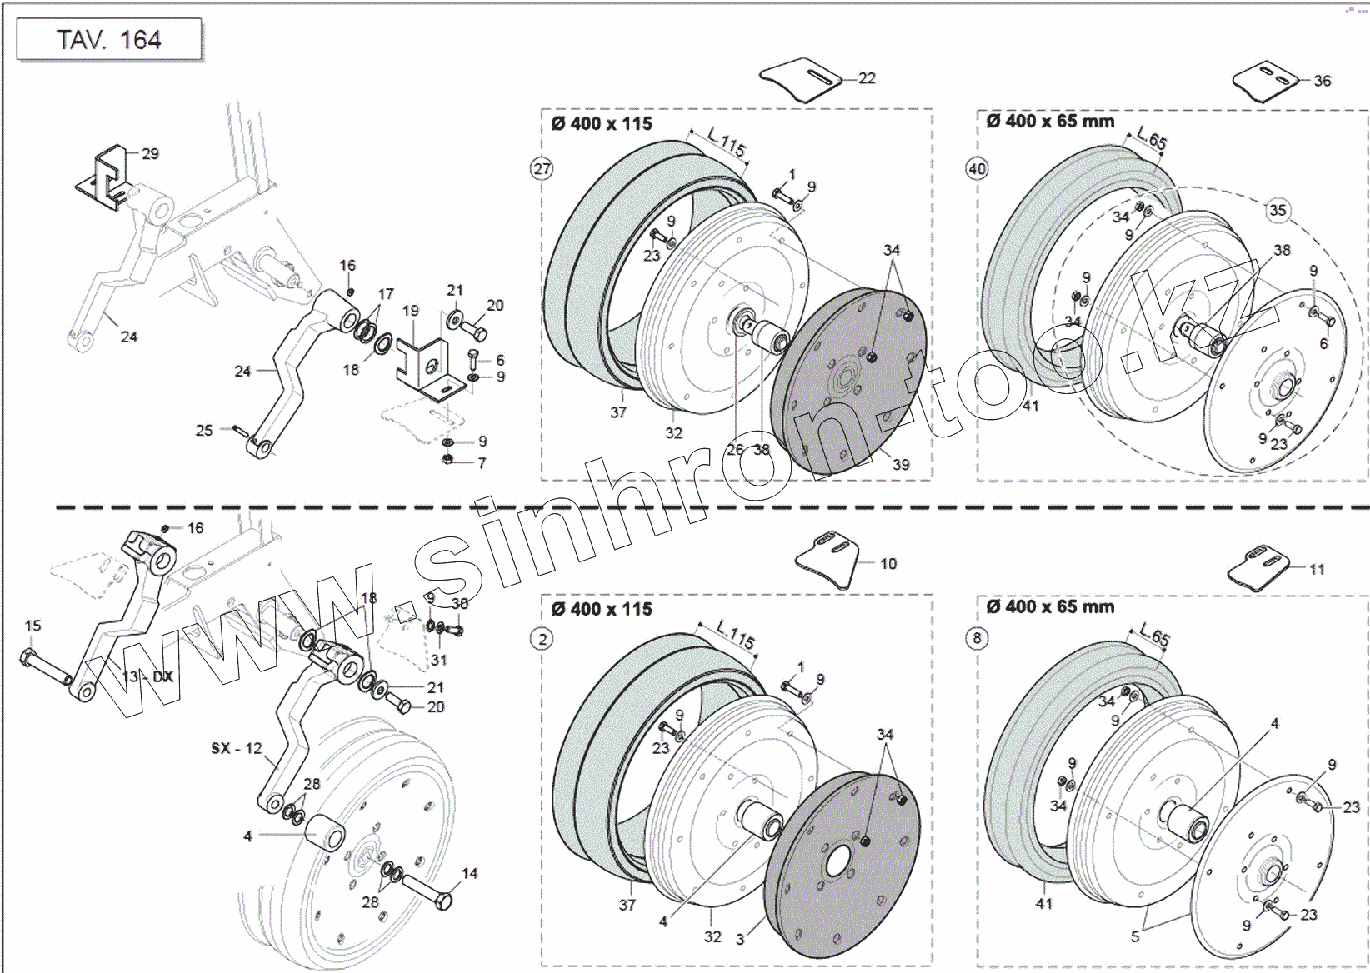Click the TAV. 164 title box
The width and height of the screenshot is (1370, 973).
[109, 40]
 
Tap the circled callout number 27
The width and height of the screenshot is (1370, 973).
[542, 169]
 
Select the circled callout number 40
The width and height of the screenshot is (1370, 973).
[977, 169]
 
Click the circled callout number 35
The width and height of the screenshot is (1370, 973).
[1277, 210]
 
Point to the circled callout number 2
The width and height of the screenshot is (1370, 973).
[542, 639]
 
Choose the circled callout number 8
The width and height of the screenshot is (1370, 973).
[977, 639]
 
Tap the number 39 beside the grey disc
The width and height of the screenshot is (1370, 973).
[901, 465]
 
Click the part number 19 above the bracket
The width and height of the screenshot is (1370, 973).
[410, 311]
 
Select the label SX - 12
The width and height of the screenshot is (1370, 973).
[236, 748]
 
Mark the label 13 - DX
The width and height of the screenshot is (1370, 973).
[147, 676]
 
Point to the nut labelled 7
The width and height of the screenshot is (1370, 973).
[447, 460]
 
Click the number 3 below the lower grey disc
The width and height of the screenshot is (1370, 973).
[740, 939]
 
